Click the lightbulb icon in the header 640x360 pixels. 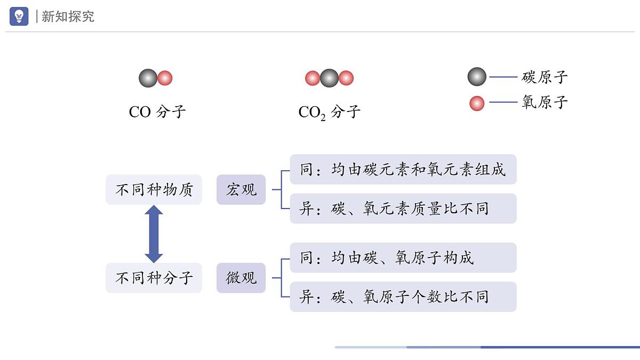click(x=19, y=17)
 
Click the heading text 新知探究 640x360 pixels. click(x=68, y=17)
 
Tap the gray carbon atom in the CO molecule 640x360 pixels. click(x=148, y=78)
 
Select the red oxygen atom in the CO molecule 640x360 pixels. click(x=165, y=78)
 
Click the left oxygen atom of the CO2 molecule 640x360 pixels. click(x=312, y=78)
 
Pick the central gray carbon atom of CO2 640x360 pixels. click(x=330, y=78)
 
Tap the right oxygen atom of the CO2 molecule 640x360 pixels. click(x=347, y=78)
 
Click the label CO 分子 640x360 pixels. click(x=157, y=112)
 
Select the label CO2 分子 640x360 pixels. click(x=329, y=112)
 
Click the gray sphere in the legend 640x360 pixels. click(x=477, y=77)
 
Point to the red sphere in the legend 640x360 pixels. click(x=477, y=103)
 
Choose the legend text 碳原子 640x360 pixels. click(x=545, y=77)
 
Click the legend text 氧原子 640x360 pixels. click(x=545, y=102)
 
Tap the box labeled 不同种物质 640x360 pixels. click(x=154, y=189)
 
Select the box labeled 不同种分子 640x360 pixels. click(x=154, y=278)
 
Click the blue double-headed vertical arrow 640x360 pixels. click(x=154, y=234)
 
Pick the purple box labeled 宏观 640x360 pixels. click(x=241, y=189)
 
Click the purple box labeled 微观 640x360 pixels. click(x=241, y=278)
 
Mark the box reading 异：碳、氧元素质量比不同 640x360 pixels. click(x=403, y=209)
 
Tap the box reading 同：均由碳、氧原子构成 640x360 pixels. click(x=403, y=258)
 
